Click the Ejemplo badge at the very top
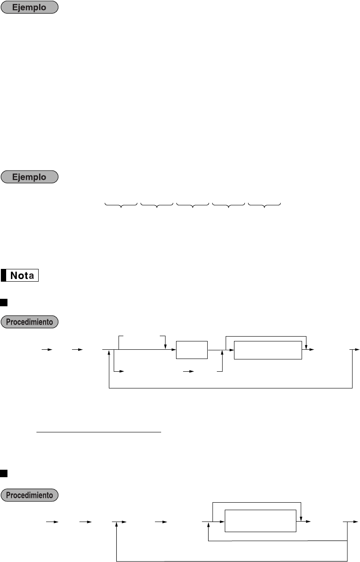pyautogui.click(x=30, y=8)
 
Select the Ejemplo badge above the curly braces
pyautogui.click(x=30, y=177)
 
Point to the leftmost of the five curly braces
pyautogui.click(x=121, y=204)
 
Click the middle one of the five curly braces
pyautogui.click(x=193, y=204)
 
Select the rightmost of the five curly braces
pyautogui.click(x=264, y=204)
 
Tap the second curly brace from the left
pyautogui.click(x=157, y=204)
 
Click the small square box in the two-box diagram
pyautogui.click(x=191, y=349)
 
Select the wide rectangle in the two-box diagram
pyautogui.click(x=268, y=350)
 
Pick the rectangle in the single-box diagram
pyautogui.click(x=261, y=521)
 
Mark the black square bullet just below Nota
pyautogui.click(x=4, y=302)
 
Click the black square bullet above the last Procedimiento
pyautogui.click(x=4, y=474)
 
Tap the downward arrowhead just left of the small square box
pyautogui.click(x=165, y=346)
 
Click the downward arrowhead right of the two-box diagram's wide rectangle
pyautogui.click(x=306, y=346)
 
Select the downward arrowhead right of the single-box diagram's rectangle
pyautogui.click(x=300, y=518)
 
